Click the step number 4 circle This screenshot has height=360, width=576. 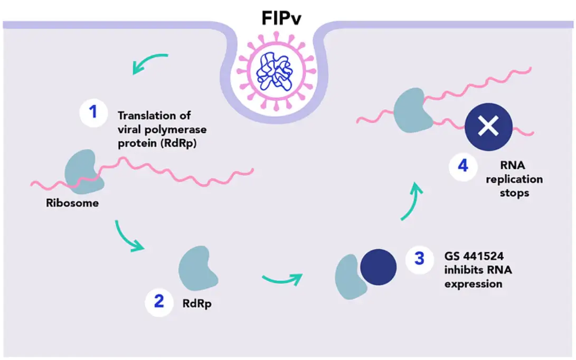[x=464, y=166]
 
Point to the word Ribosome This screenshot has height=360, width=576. [x=72, y=203]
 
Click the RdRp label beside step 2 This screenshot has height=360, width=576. [x=197, y=304]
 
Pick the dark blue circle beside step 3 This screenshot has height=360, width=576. [x=378, y=267]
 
